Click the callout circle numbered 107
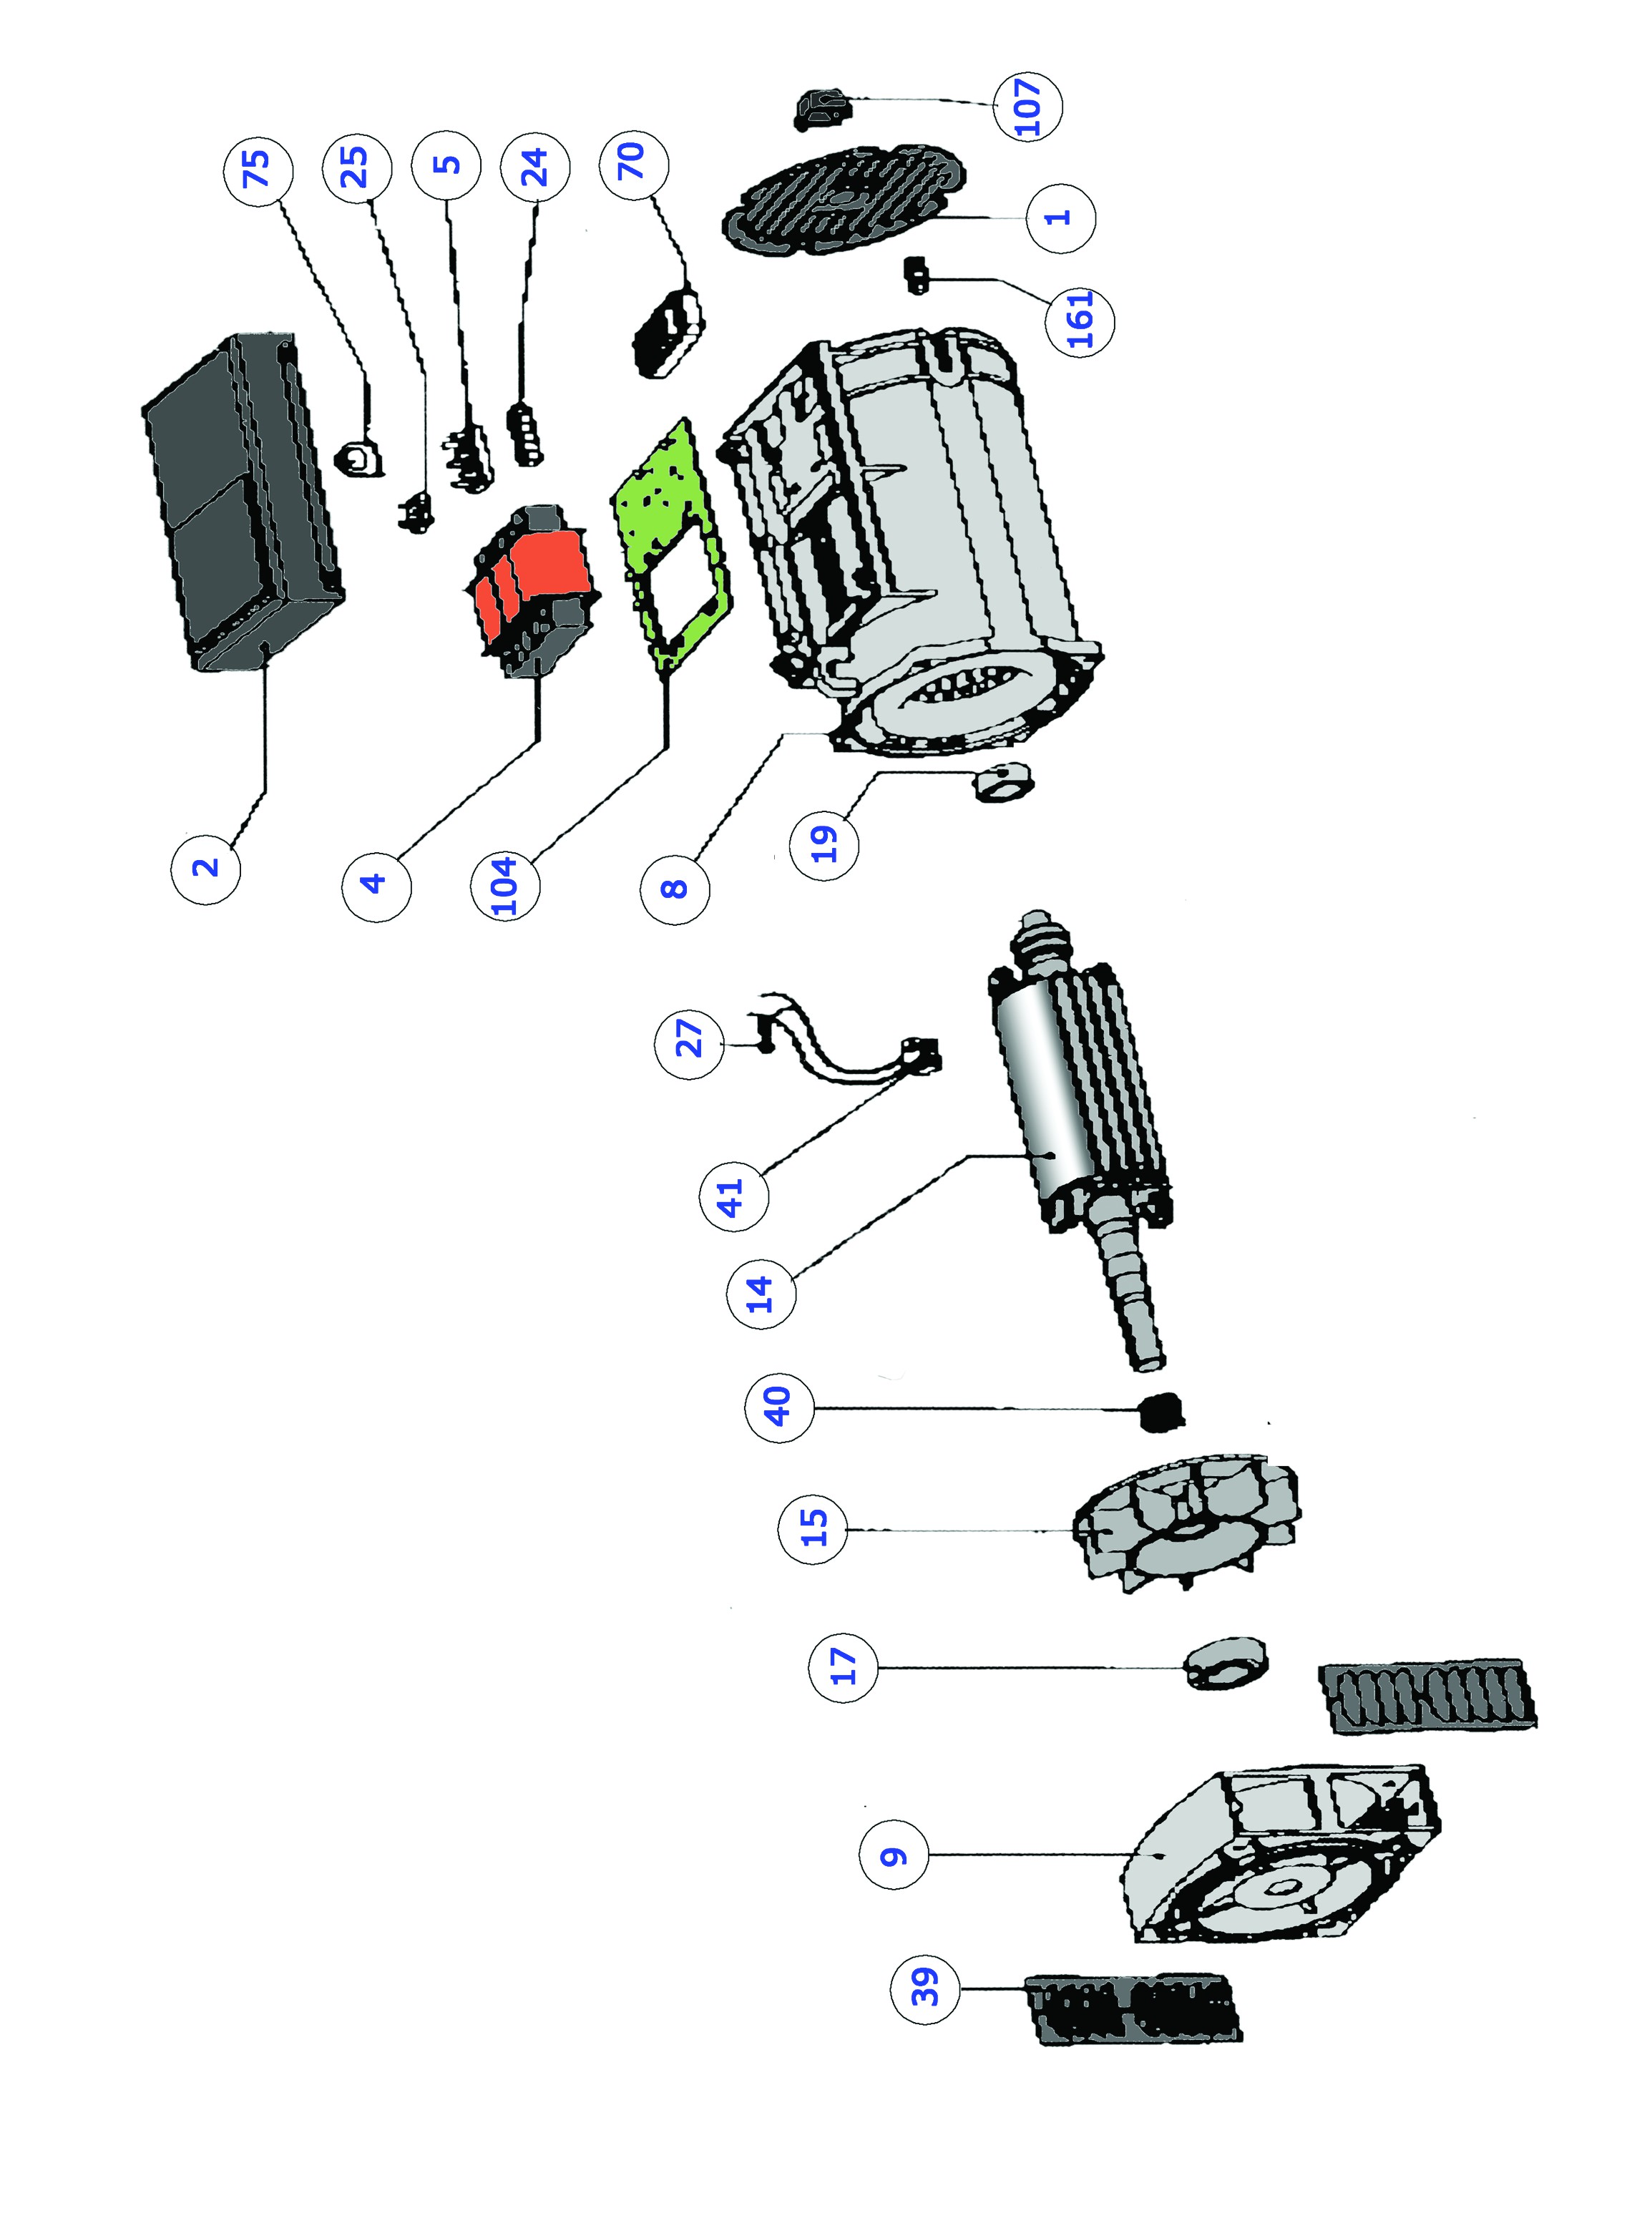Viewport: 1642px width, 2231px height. click(x=1027, y=105)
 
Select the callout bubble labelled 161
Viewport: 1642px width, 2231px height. click(x=1080, y=320)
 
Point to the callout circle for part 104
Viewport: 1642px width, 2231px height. click(x=506, y=884)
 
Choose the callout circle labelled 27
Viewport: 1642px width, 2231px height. click(x=689, y=1040)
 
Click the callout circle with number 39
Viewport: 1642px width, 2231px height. click(x=925, y=1988)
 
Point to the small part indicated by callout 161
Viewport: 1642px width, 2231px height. click(x=915, y=273)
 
